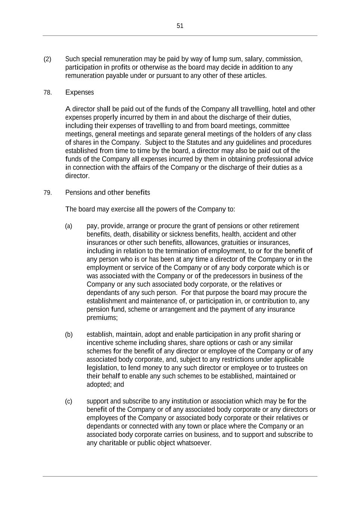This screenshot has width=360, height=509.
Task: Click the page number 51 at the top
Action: [180, 26]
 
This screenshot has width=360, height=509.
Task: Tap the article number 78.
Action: [47, 92]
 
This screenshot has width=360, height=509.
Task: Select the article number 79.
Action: [47, 193]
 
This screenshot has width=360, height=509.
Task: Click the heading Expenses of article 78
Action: [79, 92]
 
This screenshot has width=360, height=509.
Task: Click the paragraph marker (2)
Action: [47, 59]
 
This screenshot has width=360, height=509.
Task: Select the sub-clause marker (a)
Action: [69, 226]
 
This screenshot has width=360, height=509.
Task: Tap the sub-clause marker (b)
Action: [69, 334]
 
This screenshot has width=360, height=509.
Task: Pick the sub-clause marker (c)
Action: [69, 401]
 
